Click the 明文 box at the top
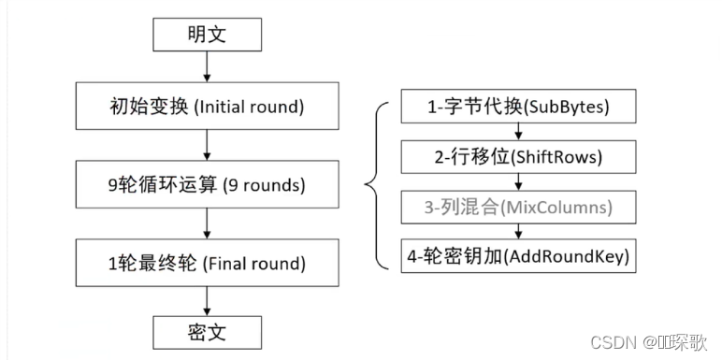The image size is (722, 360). (x=206, y=36)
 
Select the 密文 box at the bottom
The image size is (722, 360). (x=206, y=331)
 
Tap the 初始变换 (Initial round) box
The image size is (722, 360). (x=206, y=107)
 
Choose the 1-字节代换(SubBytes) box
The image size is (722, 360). (x=519, y=108)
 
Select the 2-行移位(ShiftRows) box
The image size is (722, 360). (x=519, y=156)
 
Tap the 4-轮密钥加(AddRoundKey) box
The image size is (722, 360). (x=519, y=254)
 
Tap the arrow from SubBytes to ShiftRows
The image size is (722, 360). (x=519, y=132)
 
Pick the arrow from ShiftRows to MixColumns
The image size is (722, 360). (x=519, y=180)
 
